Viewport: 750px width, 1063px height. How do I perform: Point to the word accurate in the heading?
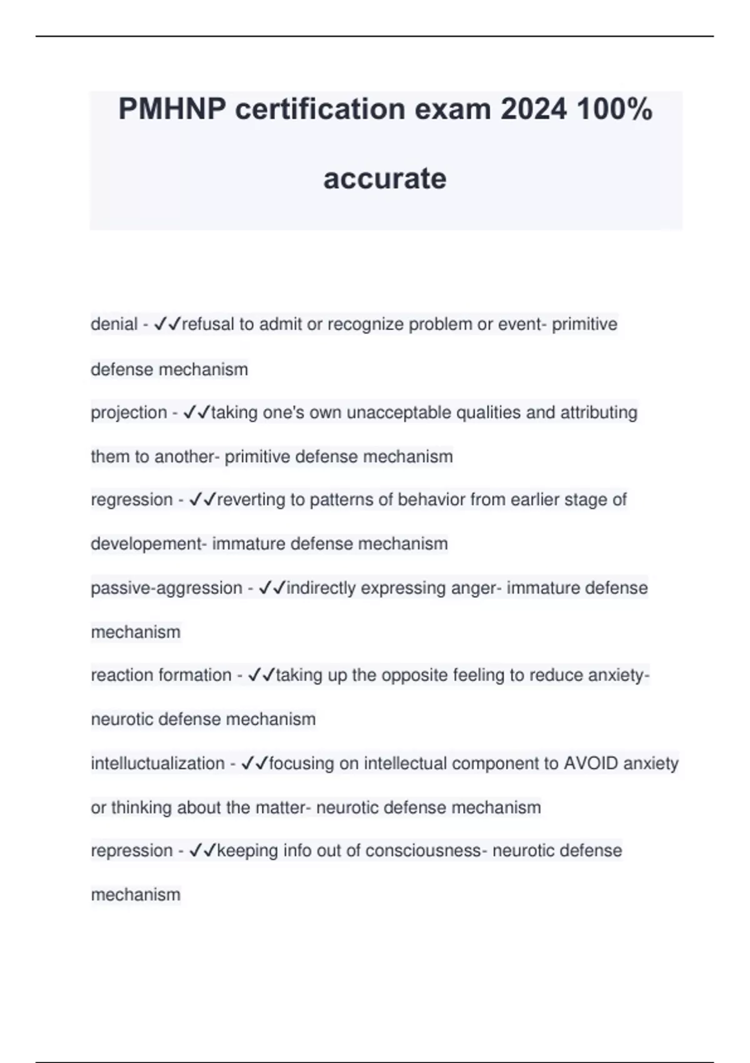coord(385,178)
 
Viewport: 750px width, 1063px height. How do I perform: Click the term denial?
coord(114,325)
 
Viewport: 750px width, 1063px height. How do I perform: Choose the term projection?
coord(129,413)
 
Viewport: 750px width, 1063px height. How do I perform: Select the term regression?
coord(131,500)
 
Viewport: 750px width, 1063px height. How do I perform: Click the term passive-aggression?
coord(166,588)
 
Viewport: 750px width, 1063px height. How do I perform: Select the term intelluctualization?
coord(157,763)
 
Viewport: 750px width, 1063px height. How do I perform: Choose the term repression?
coord(131,851)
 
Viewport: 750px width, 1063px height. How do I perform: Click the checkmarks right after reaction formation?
coord(261,675)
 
